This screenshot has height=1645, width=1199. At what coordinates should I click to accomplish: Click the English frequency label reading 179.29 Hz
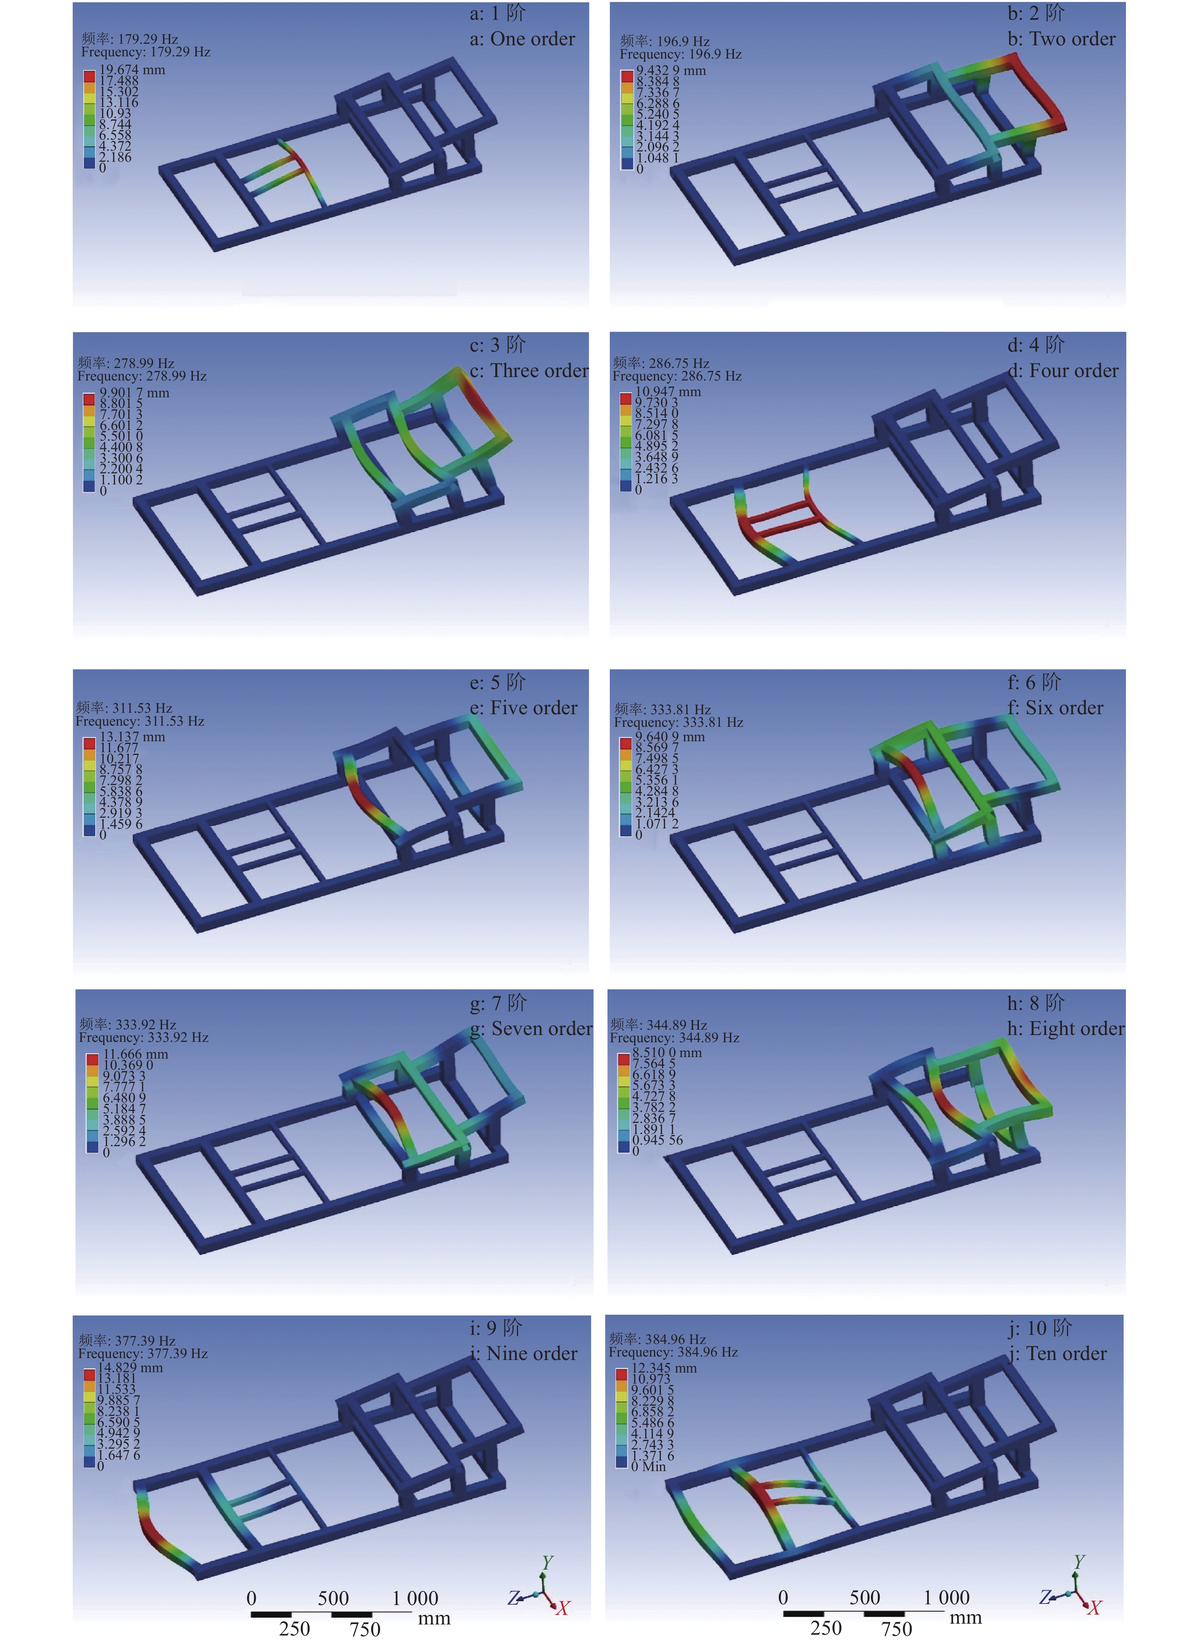[x=146, y=52]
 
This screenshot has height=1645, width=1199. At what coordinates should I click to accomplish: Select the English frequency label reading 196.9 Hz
[x=681, y=54]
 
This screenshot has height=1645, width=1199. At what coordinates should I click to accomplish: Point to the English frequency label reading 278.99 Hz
[x=142, y=377]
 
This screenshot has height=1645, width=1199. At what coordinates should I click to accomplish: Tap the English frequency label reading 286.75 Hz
[x=677, y=377]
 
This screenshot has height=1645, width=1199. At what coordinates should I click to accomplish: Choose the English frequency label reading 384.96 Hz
[x=673, y=1353]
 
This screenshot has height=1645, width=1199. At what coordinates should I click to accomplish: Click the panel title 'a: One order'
[x=523, y=39]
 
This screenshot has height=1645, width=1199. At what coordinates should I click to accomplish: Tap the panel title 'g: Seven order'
[x=531, y=1029]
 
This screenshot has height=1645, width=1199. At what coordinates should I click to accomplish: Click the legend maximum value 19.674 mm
[x=132, y=70]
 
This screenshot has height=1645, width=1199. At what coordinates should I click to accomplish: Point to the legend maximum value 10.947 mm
[x=668, y=392]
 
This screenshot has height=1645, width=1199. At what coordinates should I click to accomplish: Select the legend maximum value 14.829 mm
[x=130, y=1368]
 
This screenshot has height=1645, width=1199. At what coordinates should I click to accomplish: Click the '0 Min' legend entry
[x=648, y=1467]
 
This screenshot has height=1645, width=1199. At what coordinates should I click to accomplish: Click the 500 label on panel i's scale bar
[x=333, y=1599]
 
